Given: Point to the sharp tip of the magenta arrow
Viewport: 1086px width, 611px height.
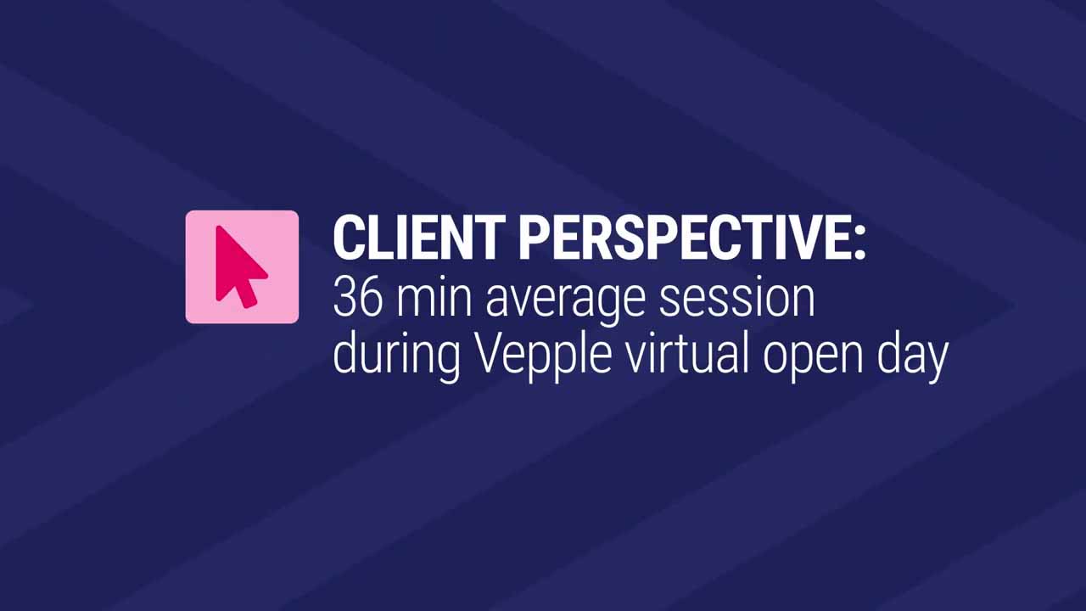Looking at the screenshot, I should pyautogui.click(x=218, y=227).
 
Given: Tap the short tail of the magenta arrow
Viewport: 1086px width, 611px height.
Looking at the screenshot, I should pyautogui.click(x=248, y=296).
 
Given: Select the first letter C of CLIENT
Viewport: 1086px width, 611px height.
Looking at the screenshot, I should pyautogui.click(x=348, y=238).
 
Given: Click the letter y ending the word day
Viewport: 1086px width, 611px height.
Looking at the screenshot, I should pyautogui.click(x=935, y=362).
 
